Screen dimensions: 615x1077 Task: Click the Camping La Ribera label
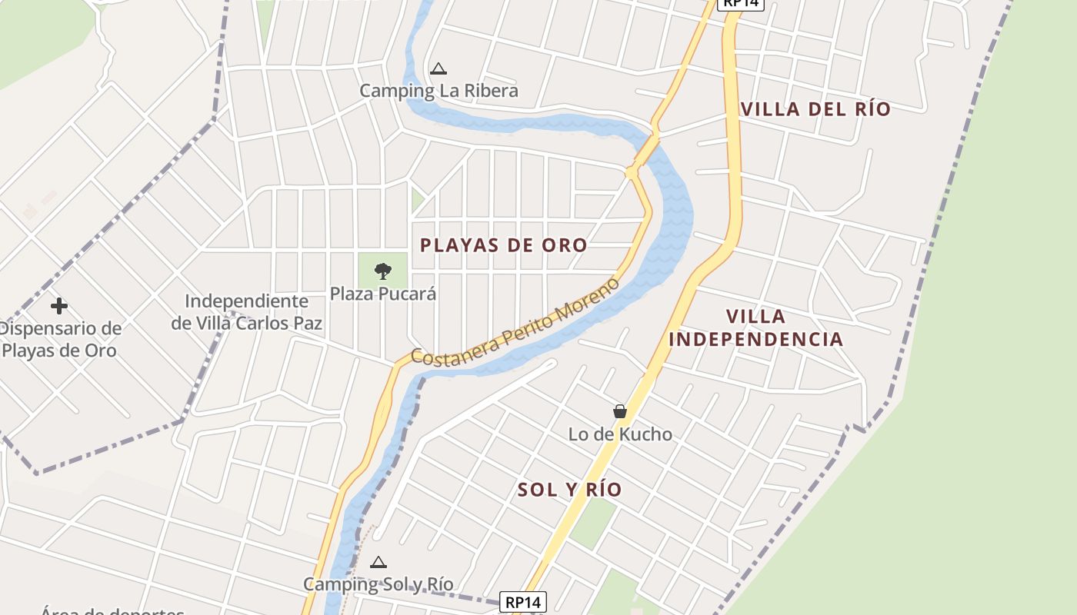tap(438, 91)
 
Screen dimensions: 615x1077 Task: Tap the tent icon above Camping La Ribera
tap(438, 69)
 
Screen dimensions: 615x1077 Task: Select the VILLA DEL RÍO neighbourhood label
tap(815, 109)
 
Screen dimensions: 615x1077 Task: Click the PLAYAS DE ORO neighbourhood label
tap(504, 245)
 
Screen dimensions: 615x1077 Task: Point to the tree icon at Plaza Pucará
tap(382, 271)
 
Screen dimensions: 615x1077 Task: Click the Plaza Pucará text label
tap(382, 294)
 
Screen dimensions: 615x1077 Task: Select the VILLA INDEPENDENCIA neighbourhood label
tap(755, 327)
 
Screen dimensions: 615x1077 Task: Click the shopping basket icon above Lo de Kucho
tap(620, 412)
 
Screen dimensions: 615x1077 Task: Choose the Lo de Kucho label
tap(620, 434)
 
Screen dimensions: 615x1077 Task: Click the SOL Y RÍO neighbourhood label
tap(569, 490)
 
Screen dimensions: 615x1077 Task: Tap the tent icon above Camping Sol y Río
tap(378, 563)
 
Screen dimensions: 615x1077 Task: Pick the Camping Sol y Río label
tap(378, 584)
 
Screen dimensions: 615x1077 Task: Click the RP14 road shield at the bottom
tap(523, 602)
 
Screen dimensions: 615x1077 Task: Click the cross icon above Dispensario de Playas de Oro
tap(58, 306)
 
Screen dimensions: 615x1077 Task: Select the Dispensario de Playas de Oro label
tap(60, 340)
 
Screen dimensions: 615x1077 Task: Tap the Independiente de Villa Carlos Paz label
tap(246, 312)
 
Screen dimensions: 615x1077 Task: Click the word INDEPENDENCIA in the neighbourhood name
tap(755, 339)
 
